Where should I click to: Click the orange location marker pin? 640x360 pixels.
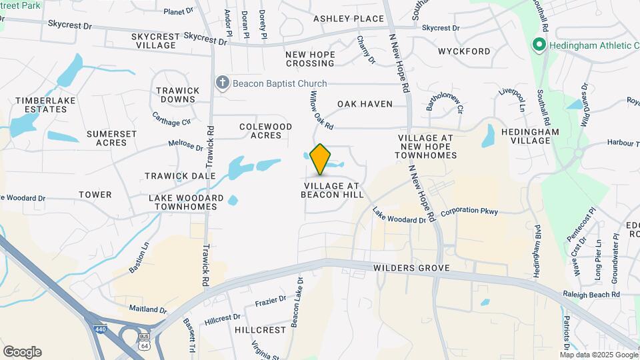(x=321, y=159)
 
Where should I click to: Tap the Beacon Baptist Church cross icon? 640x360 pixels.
(x=223, y=83)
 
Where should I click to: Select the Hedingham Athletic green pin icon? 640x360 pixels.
(x=537, y=45)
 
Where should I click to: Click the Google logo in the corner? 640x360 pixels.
(x=22, y=352)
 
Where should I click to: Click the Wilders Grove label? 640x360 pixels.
(x=411, y=268)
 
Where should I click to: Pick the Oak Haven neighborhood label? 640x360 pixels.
(x=365, y=104)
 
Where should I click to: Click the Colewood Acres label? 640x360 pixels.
(x=266, y=131)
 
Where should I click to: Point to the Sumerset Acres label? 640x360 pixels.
(x=111, y=138)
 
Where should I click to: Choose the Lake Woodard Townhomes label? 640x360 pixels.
(x=186, y=202)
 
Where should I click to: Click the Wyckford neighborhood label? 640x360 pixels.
(x=464, y=51)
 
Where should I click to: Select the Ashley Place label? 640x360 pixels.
(x=349, y=19)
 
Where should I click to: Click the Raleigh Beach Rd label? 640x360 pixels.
(x=591, y=294)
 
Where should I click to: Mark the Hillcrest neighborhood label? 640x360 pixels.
(x=260, y=330)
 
